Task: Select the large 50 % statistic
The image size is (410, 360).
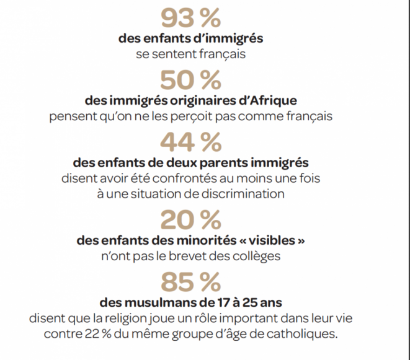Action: click(x=190, y=80)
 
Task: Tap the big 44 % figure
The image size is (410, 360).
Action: click(x=190, y=143)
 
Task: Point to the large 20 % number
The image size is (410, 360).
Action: click(x=190, y=219)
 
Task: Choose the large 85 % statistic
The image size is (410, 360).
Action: click(x=190, y=282)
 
